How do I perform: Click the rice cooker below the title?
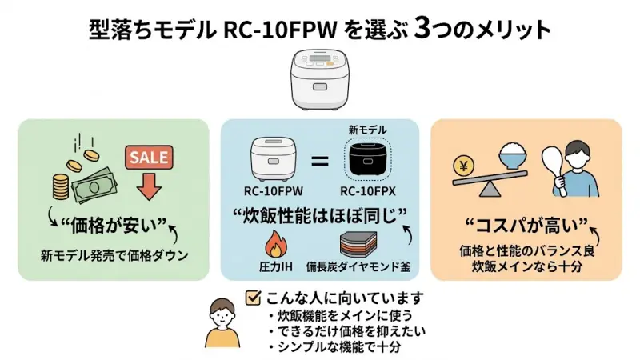coord(320,80)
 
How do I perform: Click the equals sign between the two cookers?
coord(320,162)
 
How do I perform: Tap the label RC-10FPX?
coord(370,193)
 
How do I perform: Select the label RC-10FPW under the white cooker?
coord(271,193)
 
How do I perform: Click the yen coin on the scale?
coord(462,167)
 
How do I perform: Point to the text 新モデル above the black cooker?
coord(369,130)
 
